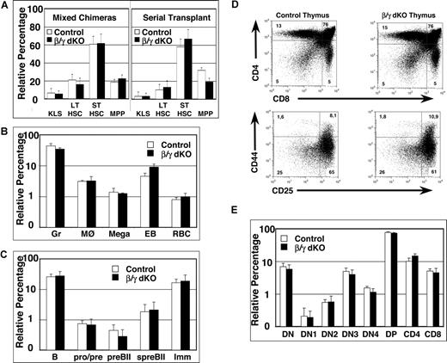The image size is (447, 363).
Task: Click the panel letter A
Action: tap(7, 7)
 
